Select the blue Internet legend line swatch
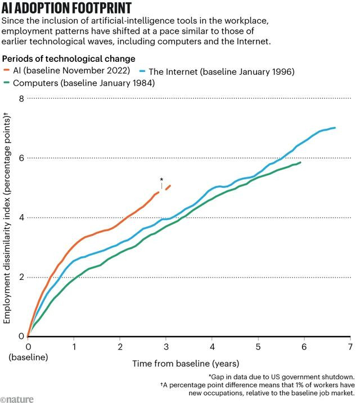coord(143,71)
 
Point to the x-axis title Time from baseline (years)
coord(186,364)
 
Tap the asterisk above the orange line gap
coord(161,180)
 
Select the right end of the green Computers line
coord(300,163)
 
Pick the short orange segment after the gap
coord(168,187)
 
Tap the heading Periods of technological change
coord(69,58)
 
